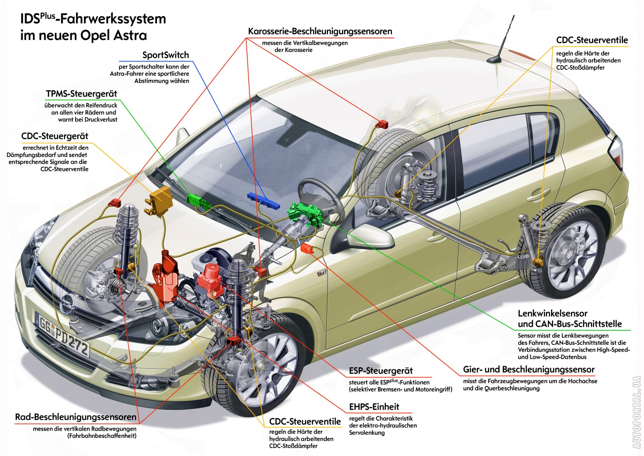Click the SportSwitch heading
(165, 55)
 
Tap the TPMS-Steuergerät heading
(81, 94)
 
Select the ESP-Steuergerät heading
(381, 371)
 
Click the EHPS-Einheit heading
(374, 406)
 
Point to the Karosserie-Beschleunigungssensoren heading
(320, 31)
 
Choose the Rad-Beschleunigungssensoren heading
(76, 417)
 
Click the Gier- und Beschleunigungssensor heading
(528, 369)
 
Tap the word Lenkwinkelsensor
(552, 313)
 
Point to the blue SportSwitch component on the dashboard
(264, 200)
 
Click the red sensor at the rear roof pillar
(382, 124)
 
